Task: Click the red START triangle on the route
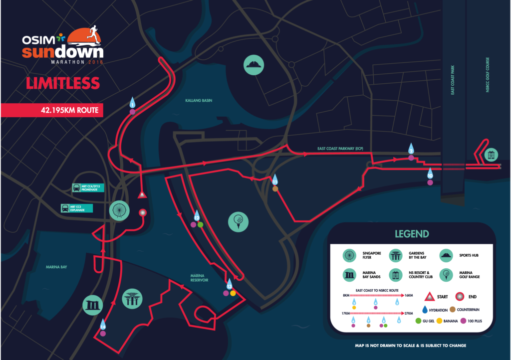(142, 194)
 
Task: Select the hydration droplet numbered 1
(132, 103)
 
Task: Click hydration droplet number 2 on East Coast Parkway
(411, 149)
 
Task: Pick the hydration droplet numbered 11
(275, 180)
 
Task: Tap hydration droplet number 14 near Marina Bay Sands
(103, 325)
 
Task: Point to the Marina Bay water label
(56, 267)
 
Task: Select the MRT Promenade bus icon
(77, 188)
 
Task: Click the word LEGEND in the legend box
(412, 234)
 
